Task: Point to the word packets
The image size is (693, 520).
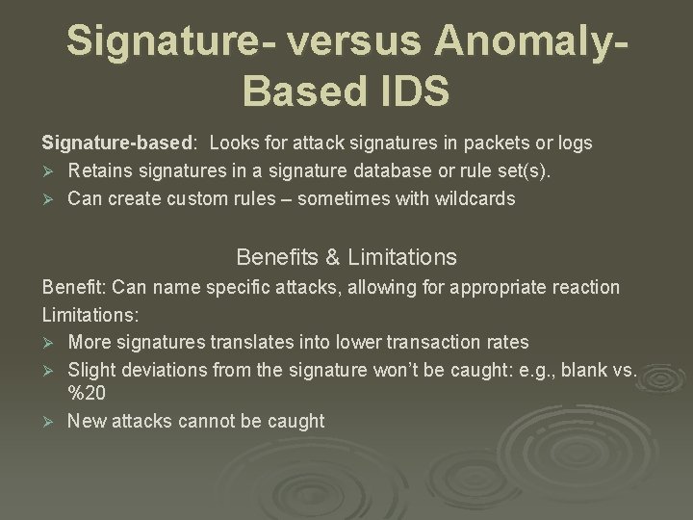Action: point(499,143)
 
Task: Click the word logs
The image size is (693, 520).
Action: point(575,143)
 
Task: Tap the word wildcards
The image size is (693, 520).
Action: point(471,199)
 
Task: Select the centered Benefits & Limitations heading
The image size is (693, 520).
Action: point(346,257)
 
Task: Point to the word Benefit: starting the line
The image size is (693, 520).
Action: point(74,287)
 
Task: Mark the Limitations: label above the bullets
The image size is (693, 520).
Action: point(88,315)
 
